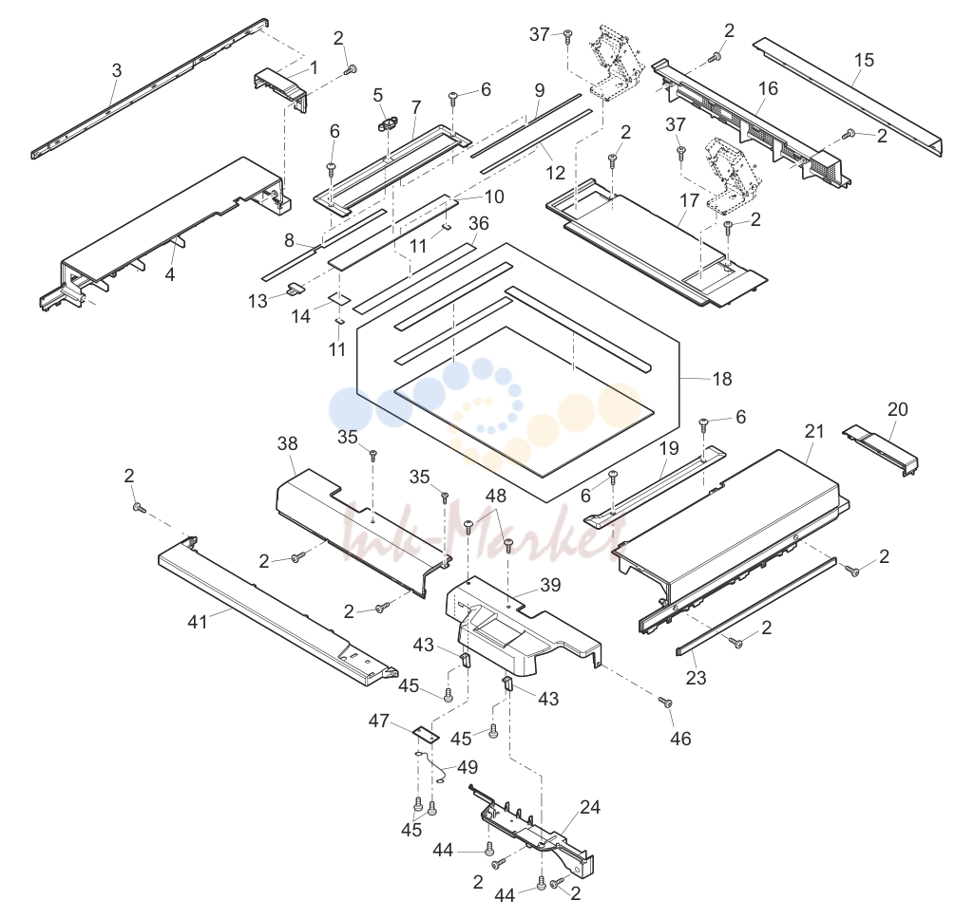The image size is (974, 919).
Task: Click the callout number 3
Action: (x=117, y=71)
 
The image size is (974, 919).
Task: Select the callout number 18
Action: (x=722, y=379)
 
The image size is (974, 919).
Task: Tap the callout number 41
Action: (x=198, y=621)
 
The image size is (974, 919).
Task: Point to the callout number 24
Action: (x=590, y=807)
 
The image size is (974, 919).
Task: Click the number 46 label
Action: (x=680, y=739)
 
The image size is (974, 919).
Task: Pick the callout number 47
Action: (x=379, y=721)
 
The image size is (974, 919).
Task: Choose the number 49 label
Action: (x=468, y=767)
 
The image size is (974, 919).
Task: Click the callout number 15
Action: (x=864, y=60)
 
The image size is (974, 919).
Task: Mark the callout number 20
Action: (x=898, y=409)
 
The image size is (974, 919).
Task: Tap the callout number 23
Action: (x=696, y=678)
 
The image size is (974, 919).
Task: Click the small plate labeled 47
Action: (x=427, y=734)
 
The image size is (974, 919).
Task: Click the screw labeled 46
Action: (x=665, y=703)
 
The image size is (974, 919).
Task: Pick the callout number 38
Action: (x=288, y=443)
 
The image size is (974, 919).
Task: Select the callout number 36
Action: (x=479, y=223)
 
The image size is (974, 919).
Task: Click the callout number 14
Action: (x=300, y=316)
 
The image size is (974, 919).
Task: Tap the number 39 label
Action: (x=550, y=585)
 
